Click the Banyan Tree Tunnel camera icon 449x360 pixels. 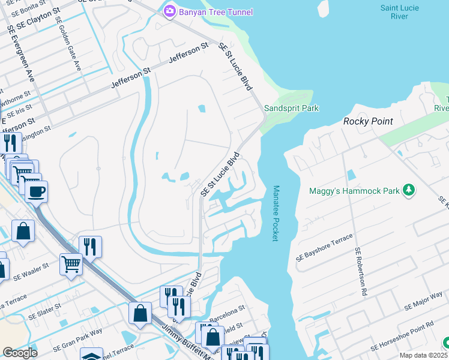coord(170,11)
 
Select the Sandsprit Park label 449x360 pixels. coord(291,108)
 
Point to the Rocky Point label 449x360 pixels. coord(367,121)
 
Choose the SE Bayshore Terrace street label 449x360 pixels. coord(324,248)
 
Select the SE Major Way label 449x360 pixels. coord(423,297)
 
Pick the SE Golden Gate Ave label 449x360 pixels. coord(68,43)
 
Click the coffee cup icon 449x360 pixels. coord(37,192)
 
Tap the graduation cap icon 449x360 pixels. coord(91,355)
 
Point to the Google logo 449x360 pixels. coord(19,353)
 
